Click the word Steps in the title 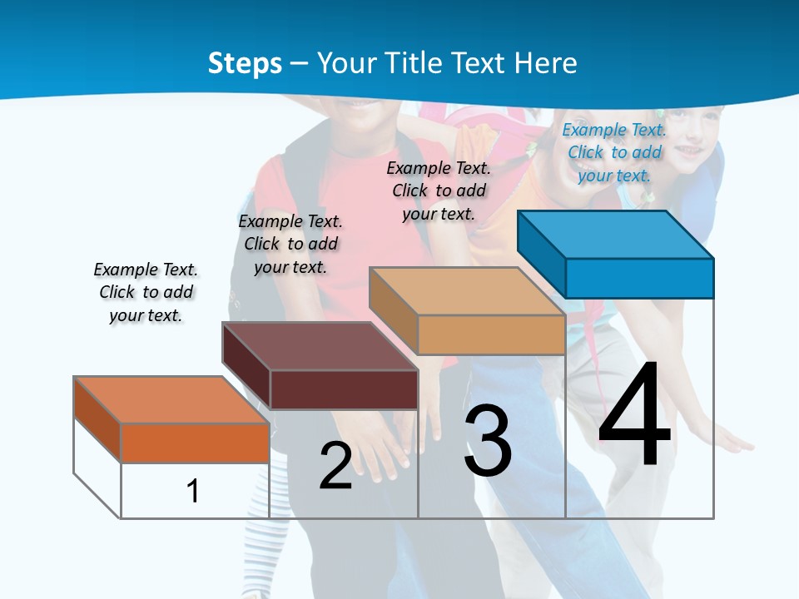(x=245, y=63)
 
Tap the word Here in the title (x=546, y=63)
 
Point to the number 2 (x=335, y=466)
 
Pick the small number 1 (x=193, y=491)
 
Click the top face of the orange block (x=171, y=399)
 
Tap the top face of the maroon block (x=320, y=345)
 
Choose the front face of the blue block (x=639, y=278)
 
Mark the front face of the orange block (x=195, y=443)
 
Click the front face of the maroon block (x=344, y=389)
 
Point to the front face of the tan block (x=491, y=334)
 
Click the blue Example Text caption (x=614, y=152)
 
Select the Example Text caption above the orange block (x=146, y=292)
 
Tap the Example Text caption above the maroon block (x=290, y=244)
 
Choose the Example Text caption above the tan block (x=439, y=191)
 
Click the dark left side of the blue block (x=542, y=253)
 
